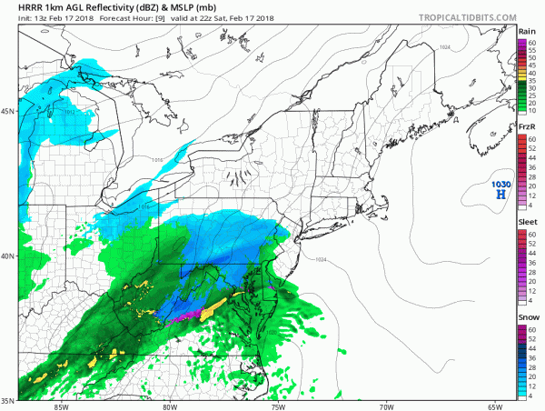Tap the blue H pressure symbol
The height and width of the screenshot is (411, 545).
pos(500,195)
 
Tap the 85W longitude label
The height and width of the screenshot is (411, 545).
pos(62,406)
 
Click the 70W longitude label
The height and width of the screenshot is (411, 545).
pos(386,406)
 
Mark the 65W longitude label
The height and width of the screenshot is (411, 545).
pos(494,406)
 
